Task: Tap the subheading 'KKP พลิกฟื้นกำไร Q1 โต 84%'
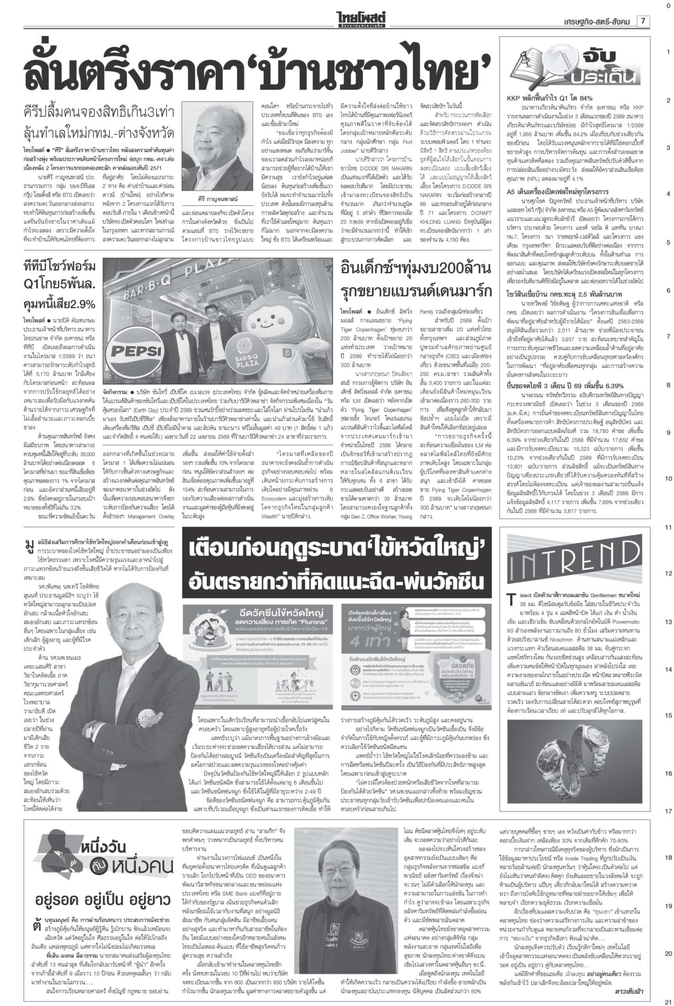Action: click(x=549, y=98)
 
